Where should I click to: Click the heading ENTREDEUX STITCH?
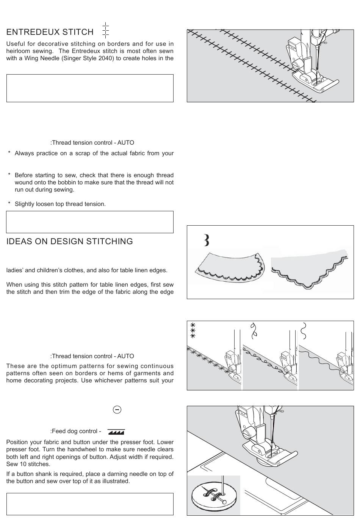50,32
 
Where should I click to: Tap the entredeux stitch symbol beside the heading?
106,30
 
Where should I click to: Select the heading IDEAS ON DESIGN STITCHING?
69,242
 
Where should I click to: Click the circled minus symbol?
117,409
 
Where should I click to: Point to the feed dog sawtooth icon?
116,431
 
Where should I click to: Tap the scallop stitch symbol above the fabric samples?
206,240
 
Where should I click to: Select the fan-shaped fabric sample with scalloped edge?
229,267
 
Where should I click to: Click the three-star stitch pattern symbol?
193,331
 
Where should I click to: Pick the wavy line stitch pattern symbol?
303,330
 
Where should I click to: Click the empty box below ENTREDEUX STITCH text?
90,88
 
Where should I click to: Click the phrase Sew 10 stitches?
28,464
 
